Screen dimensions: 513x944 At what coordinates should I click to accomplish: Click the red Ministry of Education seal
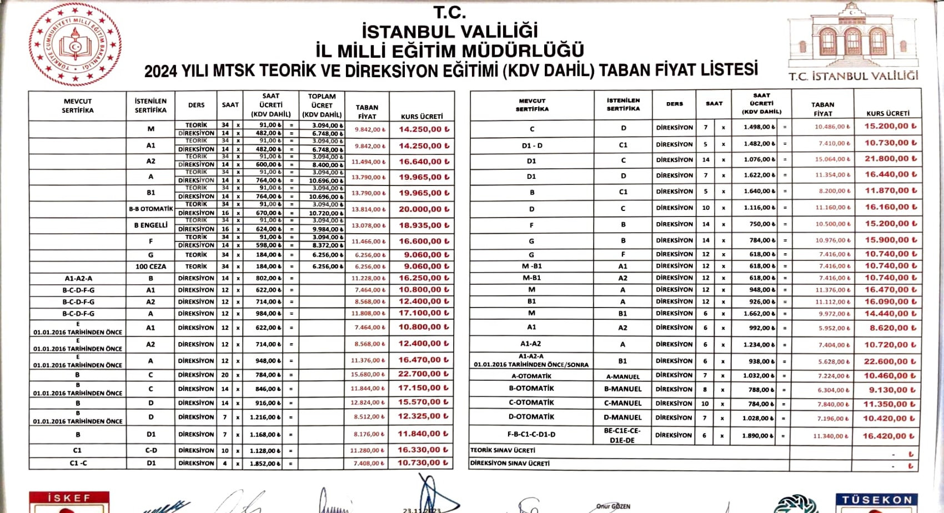pyautogui.click(x=75, y=44)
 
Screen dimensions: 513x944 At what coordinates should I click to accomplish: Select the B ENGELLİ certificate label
pyautogui.click(x=150, y=225)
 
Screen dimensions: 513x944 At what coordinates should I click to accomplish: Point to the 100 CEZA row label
pyautogui.click(x=150, y=266)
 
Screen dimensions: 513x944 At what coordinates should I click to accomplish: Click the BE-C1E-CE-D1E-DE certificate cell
pyautogui.click(x=622, y=435)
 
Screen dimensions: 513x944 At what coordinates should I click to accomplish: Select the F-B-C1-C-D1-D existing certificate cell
pyautogui.click(x=531, y=435)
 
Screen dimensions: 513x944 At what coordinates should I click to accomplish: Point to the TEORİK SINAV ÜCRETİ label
pyautogui.click(x=503, y=450)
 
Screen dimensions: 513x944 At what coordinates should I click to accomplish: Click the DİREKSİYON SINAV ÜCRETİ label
pyautogui.click(x=510, y=463)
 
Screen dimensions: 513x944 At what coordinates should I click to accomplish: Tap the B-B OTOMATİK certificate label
pyautogui.click(x=150, y=209)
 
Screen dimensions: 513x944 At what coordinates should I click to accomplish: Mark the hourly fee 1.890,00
pyautogui.click(x=757, y=436)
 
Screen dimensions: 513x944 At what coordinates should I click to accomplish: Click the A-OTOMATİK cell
pyautogui.click(x=531, y=376)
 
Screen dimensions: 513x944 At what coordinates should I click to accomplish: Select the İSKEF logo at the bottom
pyautogui.click(x=69, y=501)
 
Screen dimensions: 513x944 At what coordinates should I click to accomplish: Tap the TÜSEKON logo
pyautogui.click(x=876, y=502)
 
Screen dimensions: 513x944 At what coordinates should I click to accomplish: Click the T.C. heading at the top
pyautogui.click(x=449, y=12)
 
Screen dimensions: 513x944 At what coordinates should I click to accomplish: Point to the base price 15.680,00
pyautogui.click(x=367, y=375)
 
